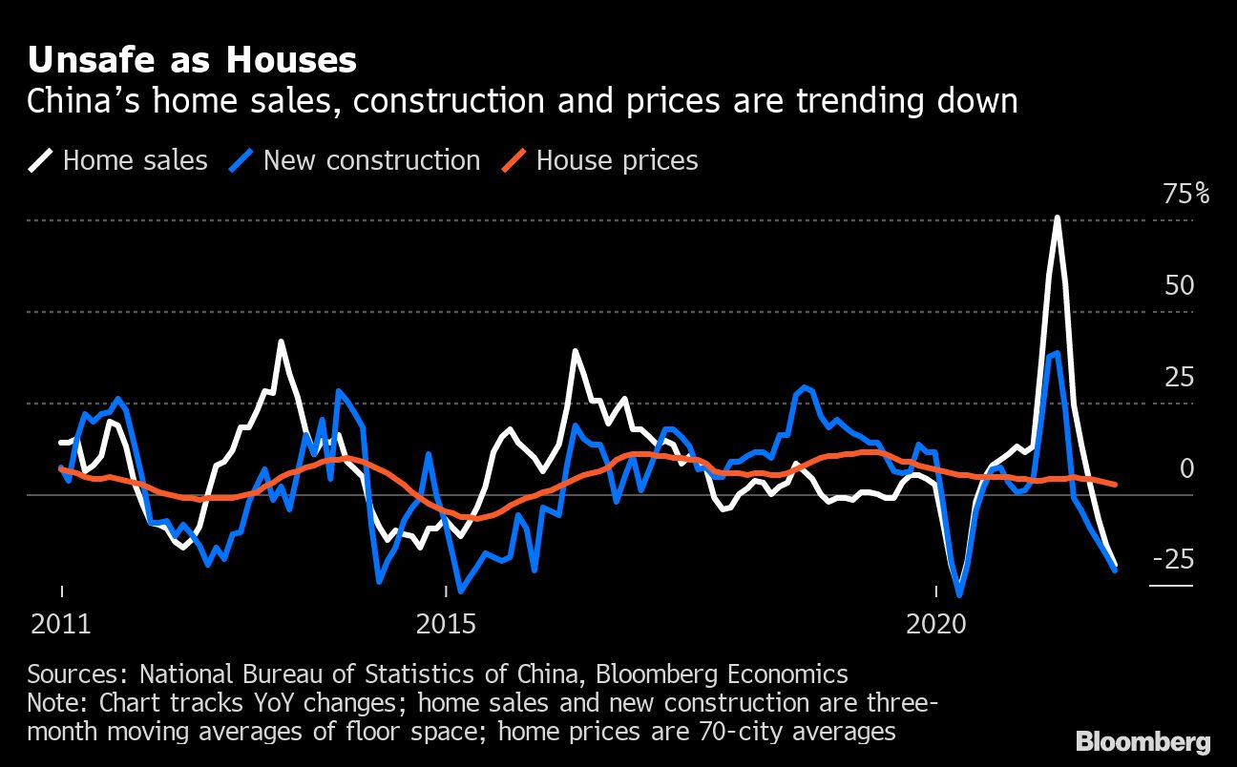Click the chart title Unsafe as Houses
[192, 60]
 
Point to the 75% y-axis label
[1185, 195]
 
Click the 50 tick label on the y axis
[1180, 285]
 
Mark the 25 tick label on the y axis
[1180, 377]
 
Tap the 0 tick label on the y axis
[1186, 468]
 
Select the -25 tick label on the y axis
[1173, 559]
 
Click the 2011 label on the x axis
[61, 625]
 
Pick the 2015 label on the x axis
[445, 625]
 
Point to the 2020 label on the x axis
[934, 625]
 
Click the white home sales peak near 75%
[1057, 218]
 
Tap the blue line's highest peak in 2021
[1057, 353]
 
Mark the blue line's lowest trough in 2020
[958, 595]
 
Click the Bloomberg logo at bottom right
[1143, 741]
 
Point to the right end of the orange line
[1115, 485]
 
